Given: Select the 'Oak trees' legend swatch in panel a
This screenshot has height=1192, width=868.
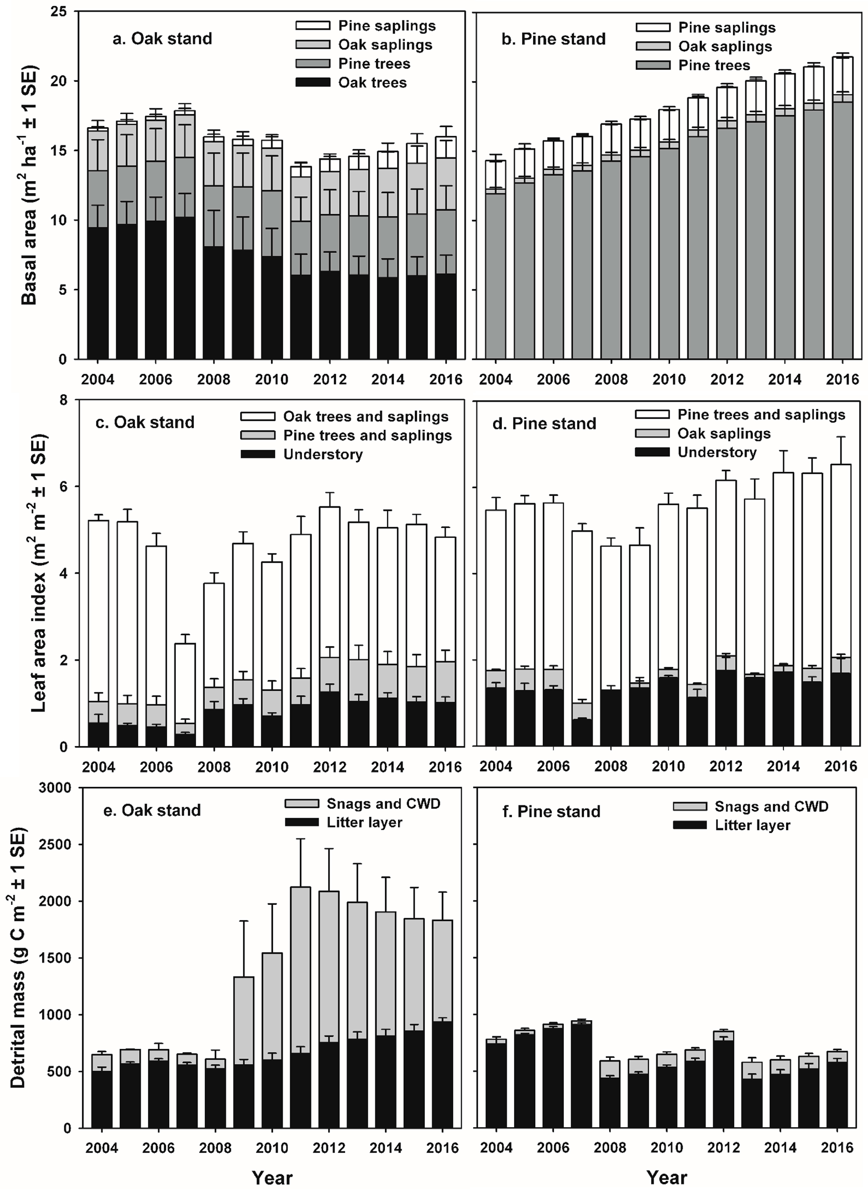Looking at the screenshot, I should coord(313,82).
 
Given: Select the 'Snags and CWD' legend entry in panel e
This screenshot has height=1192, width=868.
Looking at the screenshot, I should coord(383,804).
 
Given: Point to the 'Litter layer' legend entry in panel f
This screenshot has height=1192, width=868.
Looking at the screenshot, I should coord(752,826).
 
